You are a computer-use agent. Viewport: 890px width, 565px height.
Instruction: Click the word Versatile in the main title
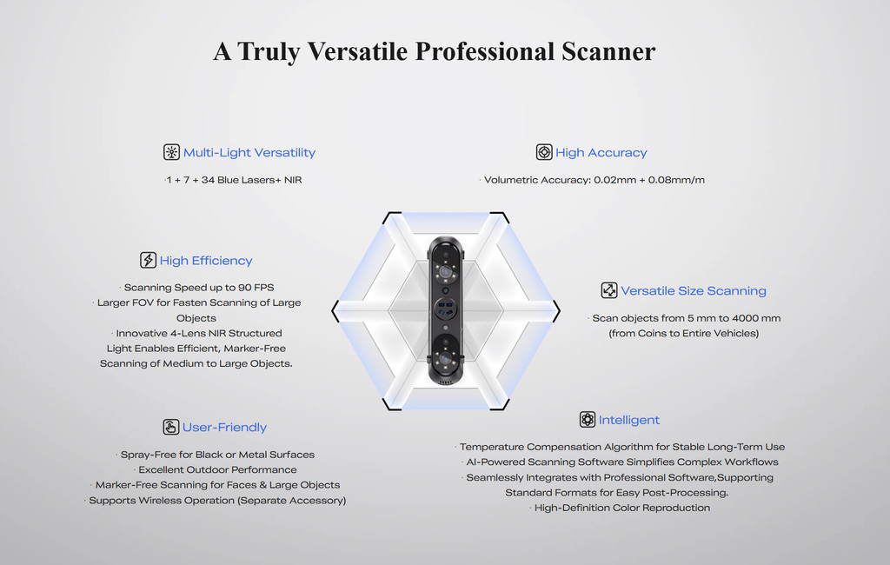pos(357,51)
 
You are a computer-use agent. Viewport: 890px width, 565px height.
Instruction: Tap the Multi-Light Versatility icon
pos(171,152)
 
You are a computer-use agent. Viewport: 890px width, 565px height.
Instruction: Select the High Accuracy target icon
pos(544,152)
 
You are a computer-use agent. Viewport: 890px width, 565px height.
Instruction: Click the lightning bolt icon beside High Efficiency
pos(148,260)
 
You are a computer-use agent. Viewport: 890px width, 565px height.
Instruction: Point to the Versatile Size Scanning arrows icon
pos(609,290)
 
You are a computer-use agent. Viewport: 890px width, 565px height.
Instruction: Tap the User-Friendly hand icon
pos(171,427)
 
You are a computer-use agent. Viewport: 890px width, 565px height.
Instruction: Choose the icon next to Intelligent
pos(588,420)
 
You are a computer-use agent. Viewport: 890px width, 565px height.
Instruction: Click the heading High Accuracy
pos(601,153)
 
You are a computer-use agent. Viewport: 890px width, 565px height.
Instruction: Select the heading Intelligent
pos(629,420)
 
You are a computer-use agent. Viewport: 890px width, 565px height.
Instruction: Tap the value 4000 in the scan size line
pos(744,318)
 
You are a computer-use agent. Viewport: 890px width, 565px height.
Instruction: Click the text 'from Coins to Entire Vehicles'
pos(684,333)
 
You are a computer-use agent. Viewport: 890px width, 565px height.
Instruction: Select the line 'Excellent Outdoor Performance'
pos(217,469)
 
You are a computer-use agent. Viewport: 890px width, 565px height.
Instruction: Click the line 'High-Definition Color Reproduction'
pos(622,508)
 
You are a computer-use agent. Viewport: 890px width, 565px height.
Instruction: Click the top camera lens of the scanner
pos(446,273)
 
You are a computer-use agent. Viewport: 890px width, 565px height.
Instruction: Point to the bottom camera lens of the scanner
pos(446,358)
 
